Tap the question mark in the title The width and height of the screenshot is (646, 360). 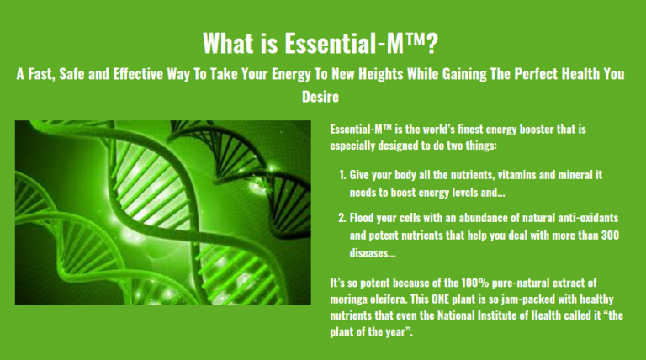click(x=432, y=43)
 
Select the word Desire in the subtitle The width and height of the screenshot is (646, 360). click(x=320, y=97)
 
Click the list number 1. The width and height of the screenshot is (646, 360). click(x=342, y=175)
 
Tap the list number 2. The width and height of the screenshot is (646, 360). click(x=342, y=218)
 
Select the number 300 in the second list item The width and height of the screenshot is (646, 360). click(x=610, y=236)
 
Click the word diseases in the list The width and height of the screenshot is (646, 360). click(x=373, y=252)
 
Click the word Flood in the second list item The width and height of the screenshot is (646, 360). click(x=362, y=218)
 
